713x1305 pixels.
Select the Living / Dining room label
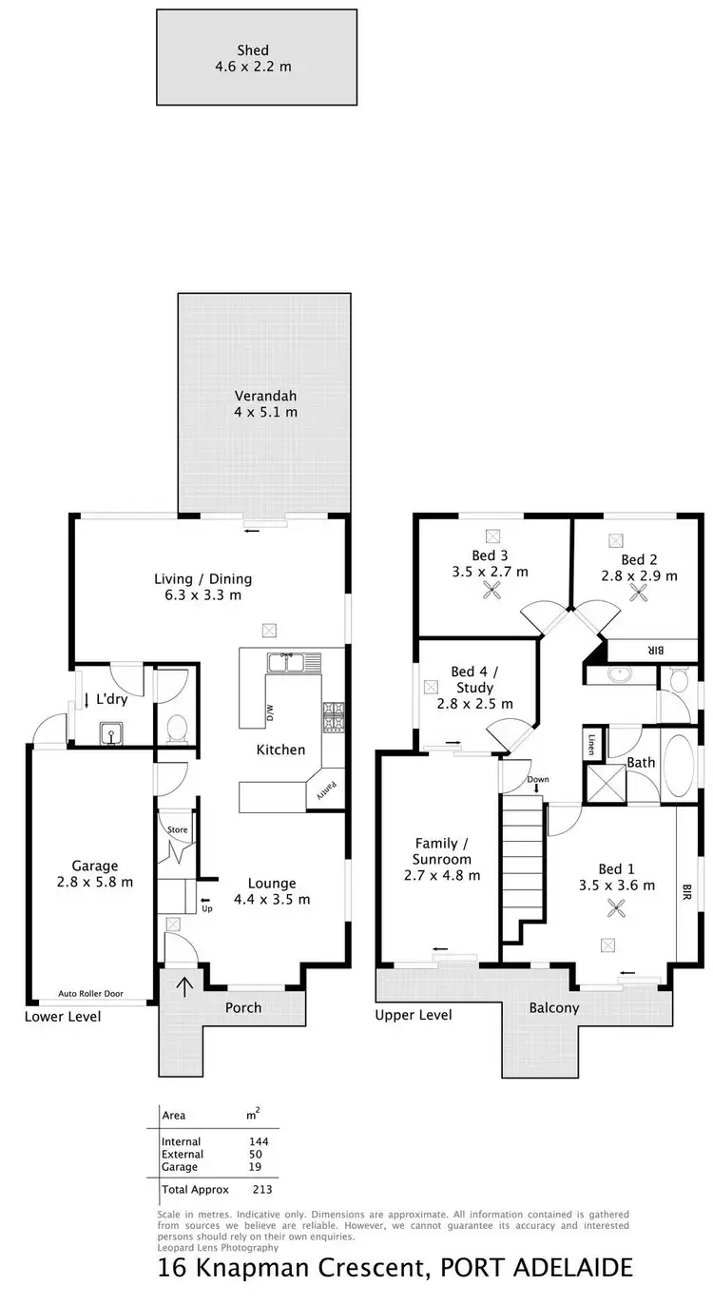coord(204,587)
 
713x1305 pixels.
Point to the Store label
coord(178,829)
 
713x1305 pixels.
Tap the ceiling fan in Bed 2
coord(635,593)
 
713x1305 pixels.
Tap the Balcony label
coord(554,1008)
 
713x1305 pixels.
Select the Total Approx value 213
coord(262,1189)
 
